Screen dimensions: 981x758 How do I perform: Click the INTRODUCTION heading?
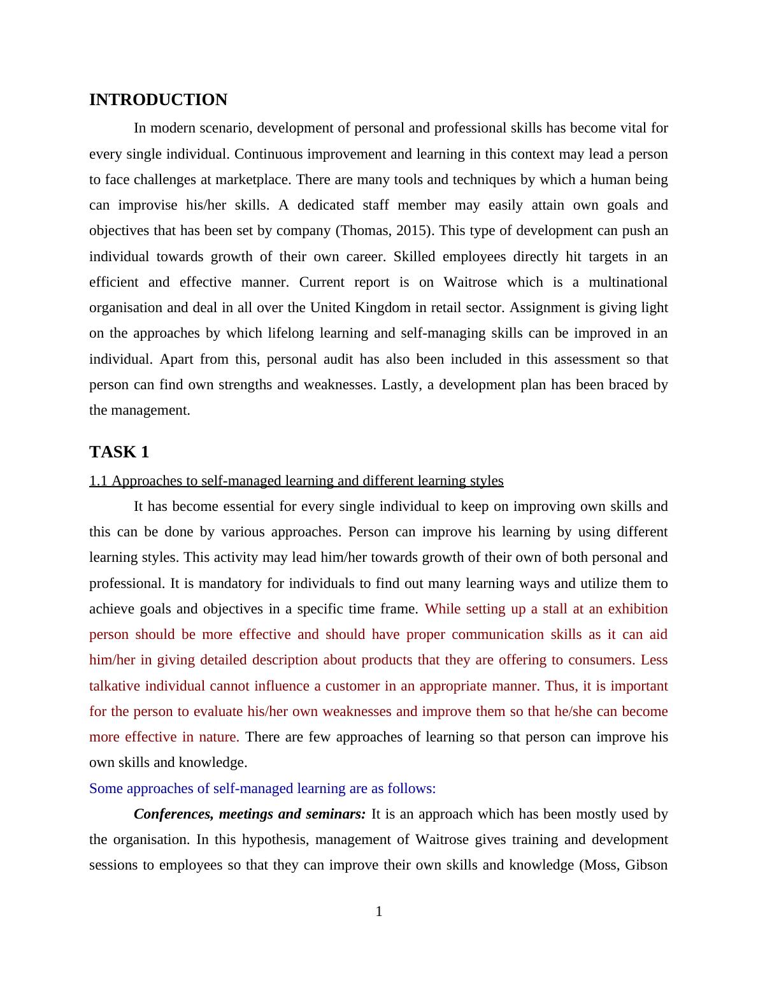pos(158,100)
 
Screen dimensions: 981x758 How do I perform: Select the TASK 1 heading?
pos(119,452)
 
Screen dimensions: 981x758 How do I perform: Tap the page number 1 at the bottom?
pos(379,912)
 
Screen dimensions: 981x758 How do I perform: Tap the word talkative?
pos(115,686)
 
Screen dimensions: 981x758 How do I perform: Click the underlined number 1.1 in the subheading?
pos(99,481)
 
